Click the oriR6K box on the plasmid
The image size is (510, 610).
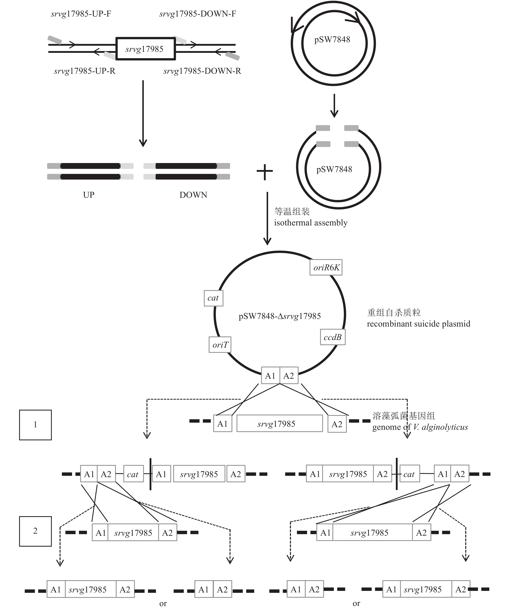pos(326,267)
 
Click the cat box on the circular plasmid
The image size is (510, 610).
pos(213,298)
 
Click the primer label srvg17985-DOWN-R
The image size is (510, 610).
pos(202,71)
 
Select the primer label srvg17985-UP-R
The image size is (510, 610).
pos(85,71)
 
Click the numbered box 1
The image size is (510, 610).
pos(35,425)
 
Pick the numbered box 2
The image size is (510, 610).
pos(35,531)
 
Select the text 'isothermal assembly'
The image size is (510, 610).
pos(311,223)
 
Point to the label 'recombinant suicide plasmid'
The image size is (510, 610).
pos(418,324)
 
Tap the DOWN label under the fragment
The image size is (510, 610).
pos(193,195)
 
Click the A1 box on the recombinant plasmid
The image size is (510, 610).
pos(270,376)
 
